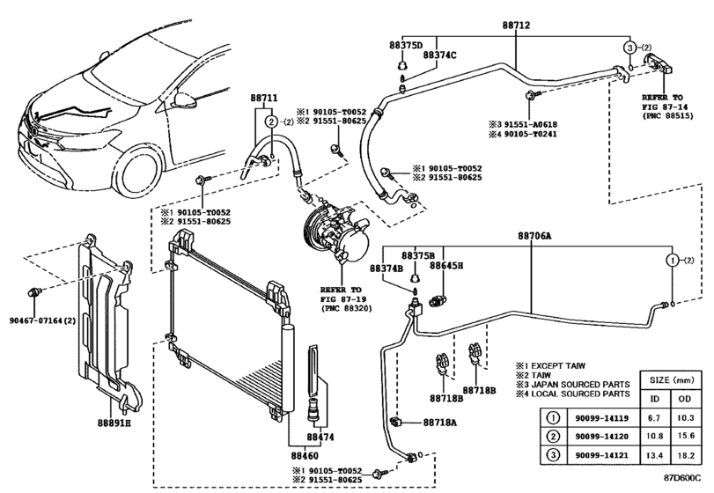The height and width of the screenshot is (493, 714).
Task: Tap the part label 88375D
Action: (x=406, y=44)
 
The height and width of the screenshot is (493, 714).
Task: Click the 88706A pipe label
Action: (x=534, y=237)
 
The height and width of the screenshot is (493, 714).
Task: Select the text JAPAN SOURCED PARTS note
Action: (x=565, y=384)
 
